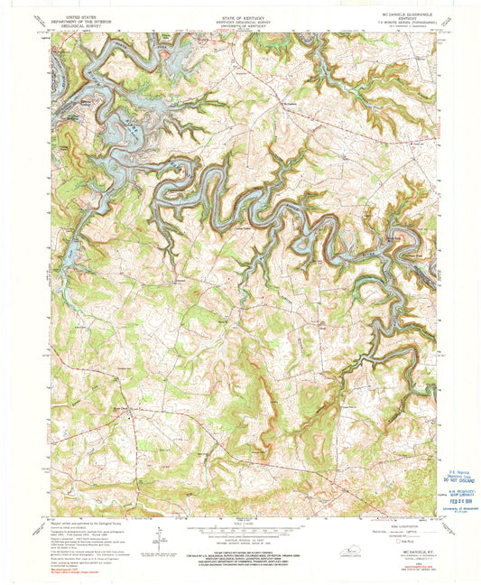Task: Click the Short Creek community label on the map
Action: [x=121, y=414]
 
